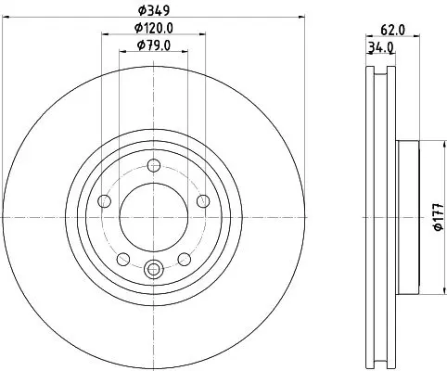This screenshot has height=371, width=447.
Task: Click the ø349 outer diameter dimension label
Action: click(x=154, y=10)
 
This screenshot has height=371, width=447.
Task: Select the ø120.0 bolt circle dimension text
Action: click(x=154, y=28)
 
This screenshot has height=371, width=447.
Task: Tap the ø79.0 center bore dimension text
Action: click(x=154, y=45)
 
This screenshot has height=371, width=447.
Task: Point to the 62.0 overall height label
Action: click(x=392, y=31)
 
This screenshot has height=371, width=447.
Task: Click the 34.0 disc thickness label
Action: click(x=380, y=48)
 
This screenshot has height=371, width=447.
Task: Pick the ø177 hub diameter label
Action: click(x=439, y=217)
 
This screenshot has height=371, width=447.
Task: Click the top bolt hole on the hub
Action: click(x=154, y=165)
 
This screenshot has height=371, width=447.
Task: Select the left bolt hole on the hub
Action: click(x=104, y=201)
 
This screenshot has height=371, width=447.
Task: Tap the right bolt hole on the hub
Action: click(x=203, y=201)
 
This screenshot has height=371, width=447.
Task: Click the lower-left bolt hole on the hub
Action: click(x=123, y=259)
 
